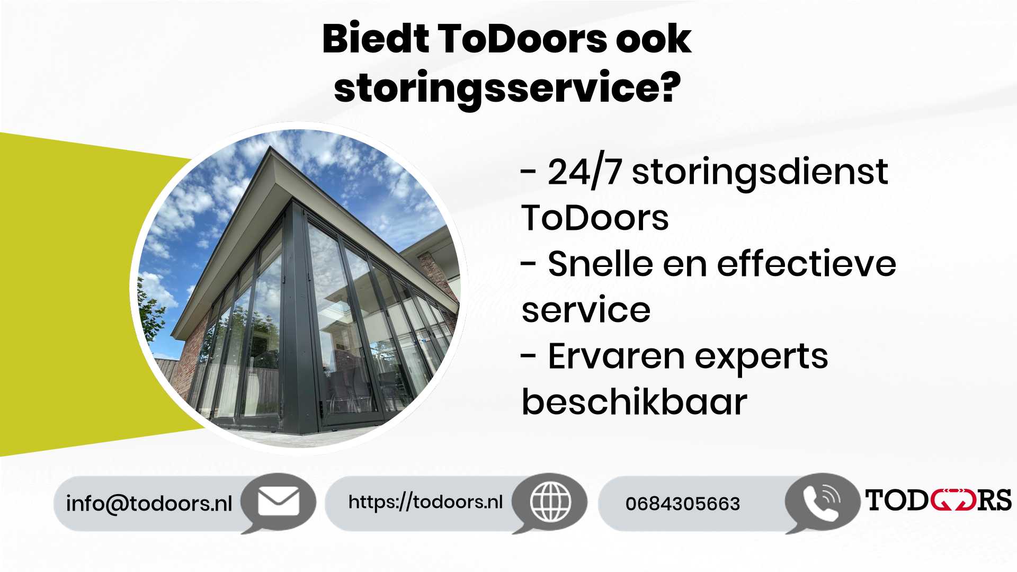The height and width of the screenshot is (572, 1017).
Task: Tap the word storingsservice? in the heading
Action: point(507,88)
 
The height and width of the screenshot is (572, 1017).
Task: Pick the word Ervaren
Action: point(616,356)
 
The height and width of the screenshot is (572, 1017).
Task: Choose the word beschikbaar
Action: point(634,401)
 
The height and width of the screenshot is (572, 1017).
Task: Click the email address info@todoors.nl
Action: point(149,503)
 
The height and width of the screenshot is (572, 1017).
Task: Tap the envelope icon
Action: point(278,501)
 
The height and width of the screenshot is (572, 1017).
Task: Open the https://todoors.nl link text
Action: point(425,502)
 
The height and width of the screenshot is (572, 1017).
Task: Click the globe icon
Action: point(550,501)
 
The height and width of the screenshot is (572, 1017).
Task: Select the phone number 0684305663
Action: point(682,504)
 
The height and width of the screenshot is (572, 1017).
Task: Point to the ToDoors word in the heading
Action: point(522,39)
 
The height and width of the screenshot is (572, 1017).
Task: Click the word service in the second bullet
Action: point(586,310)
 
